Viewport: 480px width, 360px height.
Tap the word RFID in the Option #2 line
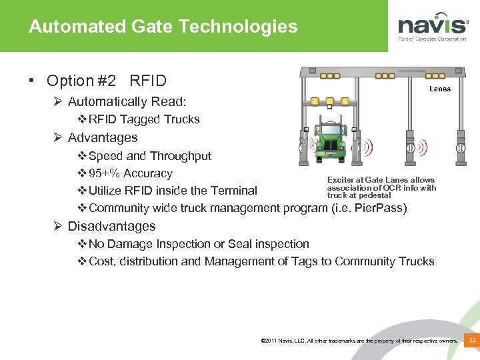click(148, 81)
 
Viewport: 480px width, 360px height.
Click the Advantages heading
click(103, 138)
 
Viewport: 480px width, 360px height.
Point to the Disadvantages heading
click(111, 227)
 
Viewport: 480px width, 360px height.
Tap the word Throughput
click(181, 156)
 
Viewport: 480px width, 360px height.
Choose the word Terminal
click(233, 191)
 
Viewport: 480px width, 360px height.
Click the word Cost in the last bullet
click(101, 261)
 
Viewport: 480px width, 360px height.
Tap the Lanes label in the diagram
click(439, 89)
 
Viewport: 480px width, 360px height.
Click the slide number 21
click(472, 341)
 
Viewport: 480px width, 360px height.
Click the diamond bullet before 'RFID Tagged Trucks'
click(83, 120)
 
